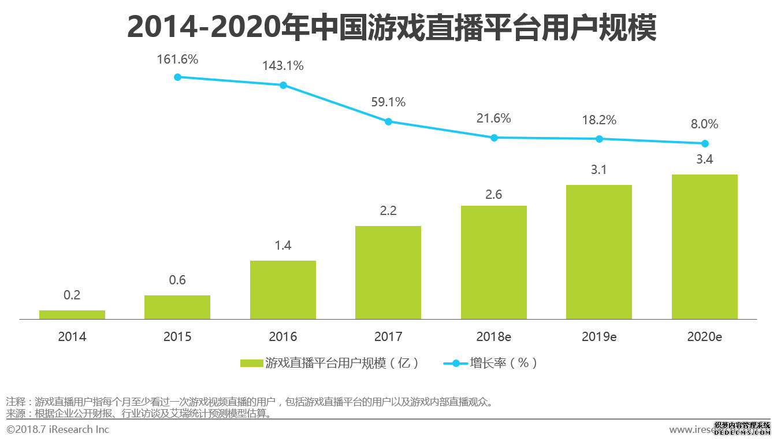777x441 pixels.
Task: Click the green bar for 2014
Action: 72,314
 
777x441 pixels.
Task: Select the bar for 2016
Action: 283,290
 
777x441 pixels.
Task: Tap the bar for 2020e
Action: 705,247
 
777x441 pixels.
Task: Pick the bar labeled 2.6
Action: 494,262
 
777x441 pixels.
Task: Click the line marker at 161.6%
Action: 177,77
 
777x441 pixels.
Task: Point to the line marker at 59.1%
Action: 388,121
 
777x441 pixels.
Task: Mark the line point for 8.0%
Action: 705,143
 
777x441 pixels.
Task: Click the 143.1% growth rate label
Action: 283,66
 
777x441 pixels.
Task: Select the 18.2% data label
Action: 599,120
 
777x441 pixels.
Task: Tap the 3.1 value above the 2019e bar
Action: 599,170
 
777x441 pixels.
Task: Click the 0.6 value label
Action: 177,280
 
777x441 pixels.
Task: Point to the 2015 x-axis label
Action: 177,336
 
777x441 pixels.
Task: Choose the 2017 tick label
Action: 388,336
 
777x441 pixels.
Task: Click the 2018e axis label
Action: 494,336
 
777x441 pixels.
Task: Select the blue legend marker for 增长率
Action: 455,364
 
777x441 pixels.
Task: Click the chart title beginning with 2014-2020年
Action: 391,27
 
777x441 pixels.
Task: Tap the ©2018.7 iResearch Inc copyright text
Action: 58,429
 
